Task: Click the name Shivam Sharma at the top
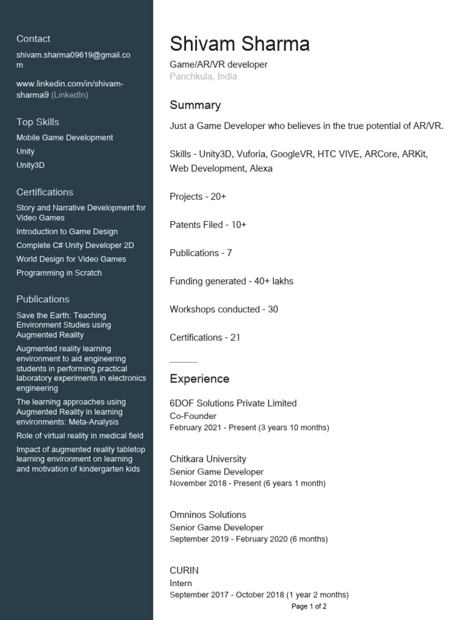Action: (239, 44)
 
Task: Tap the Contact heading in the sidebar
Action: (33, 39)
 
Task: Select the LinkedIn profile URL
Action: (70, 89)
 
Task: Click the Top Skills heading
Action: (38, 122)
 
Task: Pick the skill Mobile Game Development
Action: (65, 137)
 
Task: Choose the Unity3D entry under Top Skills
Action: (30, 165)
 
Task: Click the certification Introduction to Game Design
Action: (67, 231)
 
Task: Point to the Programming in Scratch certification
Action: (59, 272)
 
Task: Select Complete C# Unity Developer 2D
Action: (75, 245)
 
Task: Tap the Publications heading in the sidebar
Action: (43, 299)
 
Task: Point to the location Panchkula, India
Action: (203, 76)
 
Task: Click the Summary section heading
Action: (195, 105)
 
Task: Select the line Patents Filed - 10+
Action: (208, 225)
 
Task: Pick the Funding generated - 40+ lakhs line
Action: (231, 281)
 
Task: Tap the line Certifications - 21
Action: (205, 337)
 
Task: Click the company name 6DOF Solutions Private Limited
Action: (233, 403)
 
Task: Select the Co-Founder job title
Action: (193, 416)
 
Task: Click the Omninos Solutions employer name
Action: (208, 515)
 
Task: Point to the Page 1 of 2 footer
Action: (309, 606)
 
